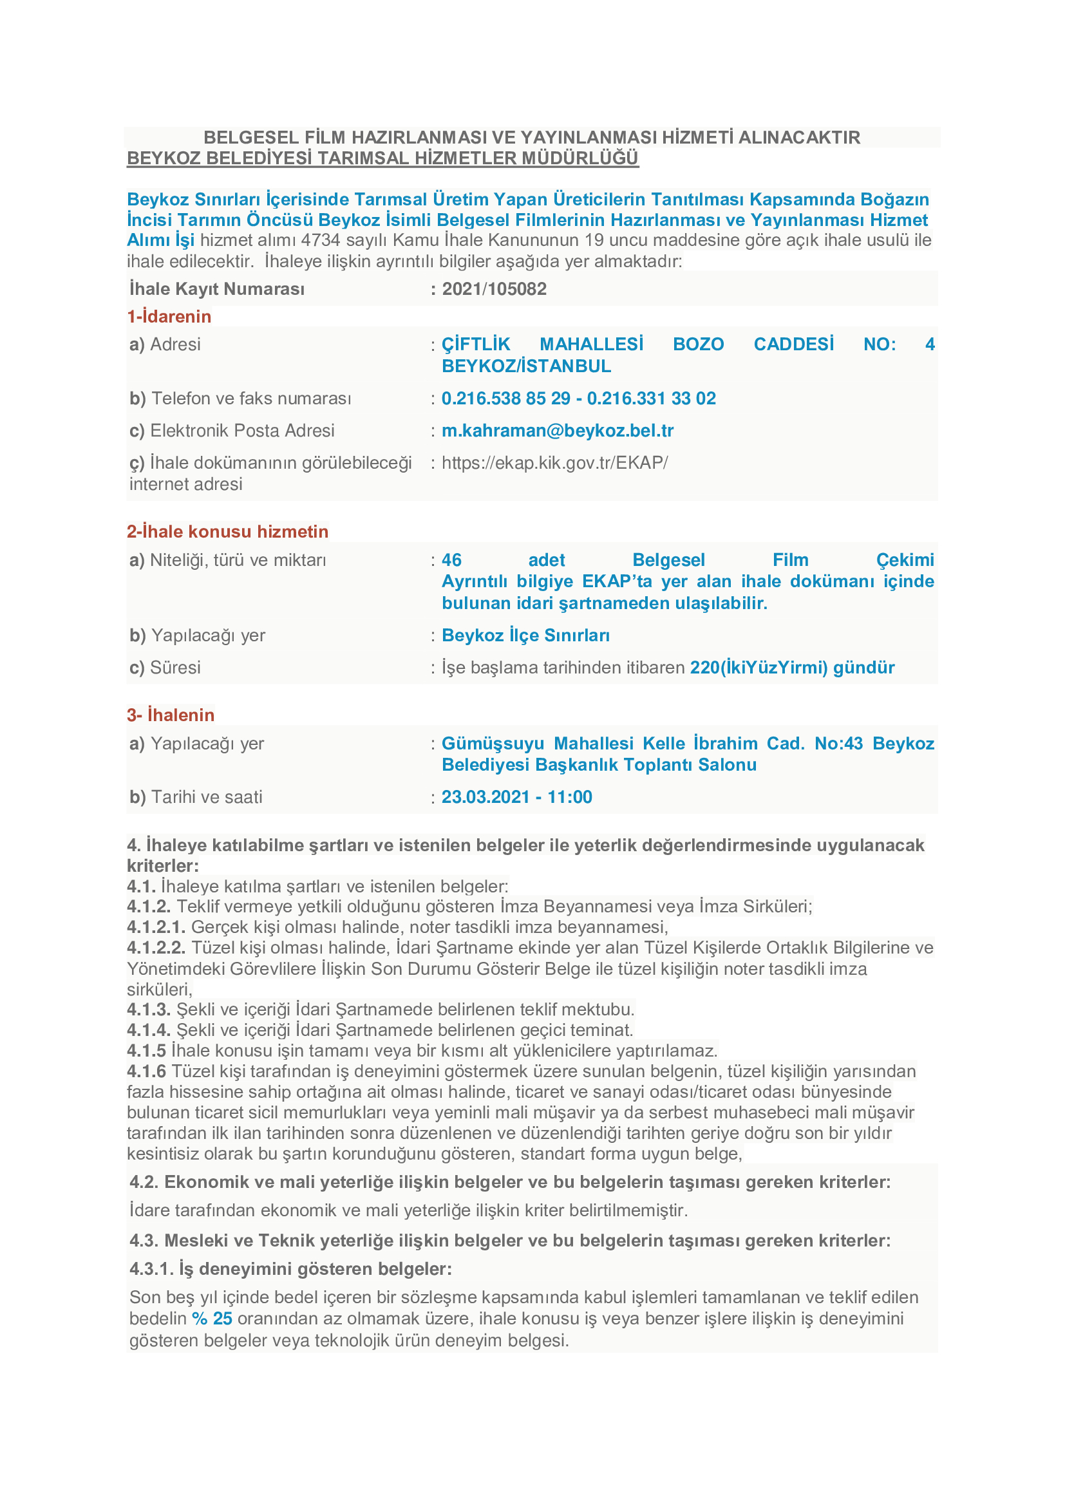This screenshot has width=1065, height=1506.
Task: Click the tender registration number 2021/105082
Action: (494, 288)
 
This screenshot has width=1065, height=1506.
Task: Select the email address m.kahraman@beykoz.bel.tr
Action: (558, 430)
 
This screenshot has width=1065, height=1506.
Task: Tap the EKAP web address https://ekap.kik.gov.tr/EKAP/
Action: (555, 462)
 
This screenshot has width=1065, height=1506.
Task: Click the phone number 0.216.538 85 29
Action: (505, 398)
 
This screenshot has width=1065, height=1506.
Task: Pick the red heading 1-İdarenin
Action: (169, 316)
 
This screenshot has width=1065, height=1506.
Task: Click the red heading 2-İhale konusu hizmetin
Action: (227, 531)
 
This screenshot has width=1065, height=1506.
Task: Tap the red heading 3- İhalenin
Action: (171, 714)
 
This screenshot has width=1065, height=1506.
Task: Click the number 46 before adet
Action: (451, 560)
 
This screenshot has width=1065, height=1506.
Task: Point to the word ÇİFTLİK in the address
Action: (475, 344)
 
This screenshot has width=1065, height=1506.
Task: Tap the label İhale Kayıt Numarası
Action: (217, 288)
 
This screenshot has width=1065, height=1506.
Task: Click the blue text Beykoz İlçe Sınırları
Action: (525, 635)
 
